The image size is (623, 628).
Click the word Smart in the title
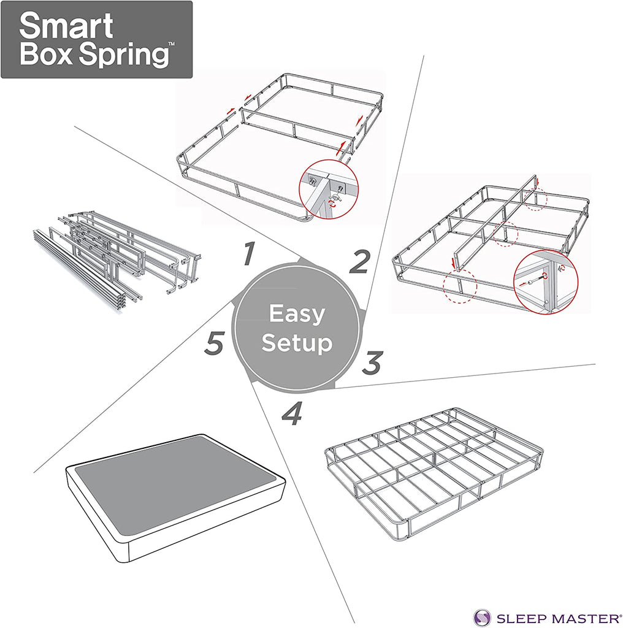coord(66,25)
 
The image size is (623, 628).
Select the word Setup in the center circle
coord(297,343)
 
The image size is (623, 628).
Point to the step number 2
coord(359,262)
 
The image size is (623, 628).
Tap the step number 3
coord(373,363)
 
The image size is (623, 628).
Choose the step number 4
coord(292,413)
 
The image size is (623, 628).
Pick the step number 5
coord(214,343)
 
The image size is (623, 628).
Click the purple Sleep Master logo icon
coord(482,617)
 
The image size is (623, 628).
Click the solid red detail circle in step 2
coord(329,190)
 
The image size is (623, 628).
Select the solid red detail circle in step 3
coord(546,281)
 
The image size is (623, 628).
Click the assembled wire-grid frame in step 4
coord(434,474)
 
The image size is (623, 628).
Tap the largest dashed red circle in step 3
coord(460,286)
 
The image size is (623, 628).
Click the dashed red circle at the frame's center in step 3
coord(505,234)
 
